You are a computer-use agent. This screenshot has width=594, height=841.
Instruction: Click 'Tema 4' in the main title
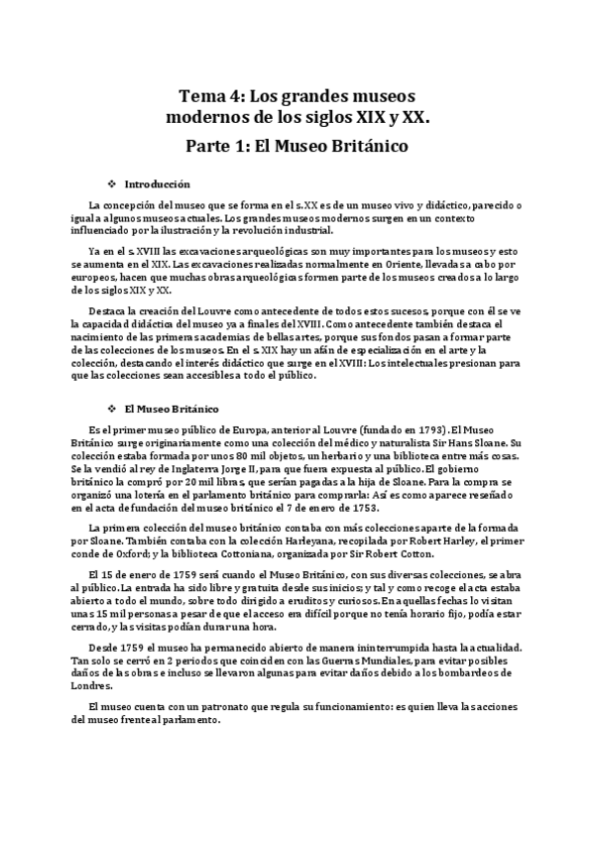(x=209, y=96)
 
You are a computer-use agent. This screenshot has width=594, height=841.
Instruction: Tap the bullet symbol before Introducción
(x=112, y=184)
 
